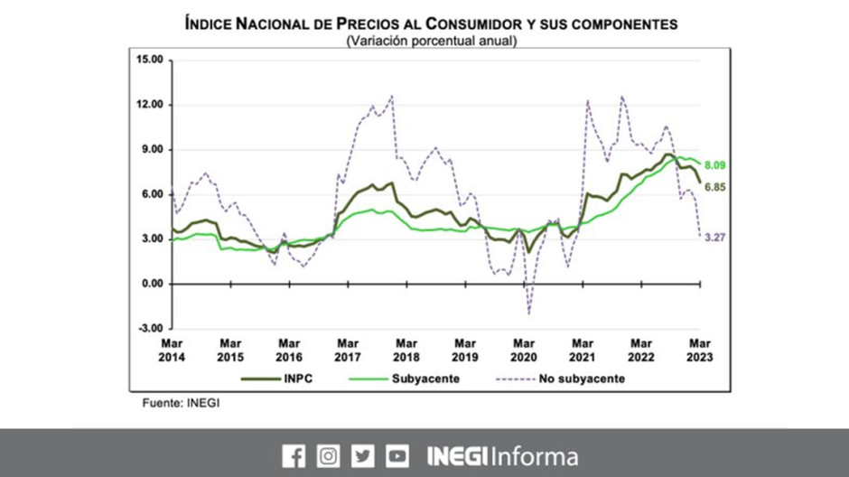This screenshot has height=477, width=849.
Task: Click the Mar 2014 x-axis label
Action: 172,350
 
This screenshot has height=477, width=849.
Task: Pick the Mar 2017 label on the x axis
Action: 348,350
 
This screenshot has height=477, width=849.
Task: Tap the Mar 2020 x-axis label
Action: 524,350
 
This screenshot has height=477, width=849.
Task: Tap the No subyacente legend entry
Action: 556,379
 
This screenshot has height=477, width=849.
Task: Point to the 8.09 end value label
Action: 714,165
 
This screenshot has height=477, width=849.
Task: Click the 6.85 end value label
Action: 714,187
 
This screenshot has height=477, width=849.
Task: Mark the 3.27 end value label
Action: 714,238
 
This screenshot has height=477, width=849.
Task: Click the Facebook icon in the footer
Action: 294,456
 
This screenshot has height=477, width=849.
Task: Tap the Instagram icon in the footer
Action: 329,456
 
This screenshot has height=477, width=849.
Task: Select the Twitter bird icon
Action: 363,456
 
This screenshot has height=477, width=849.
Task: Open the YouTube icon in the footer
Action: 397,456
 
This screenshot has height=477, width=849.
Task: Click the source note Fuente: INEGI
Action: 181,403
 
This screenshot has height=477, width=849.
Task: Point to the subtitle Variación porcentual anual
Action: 431,41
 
